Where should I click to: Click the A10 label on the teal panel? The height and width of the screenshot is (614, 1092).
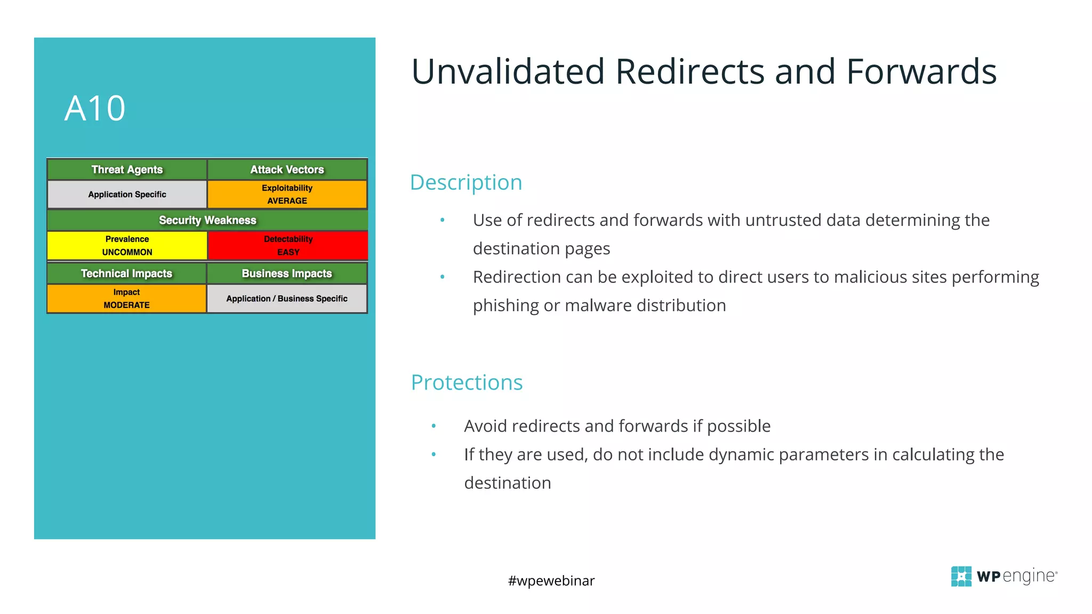95,109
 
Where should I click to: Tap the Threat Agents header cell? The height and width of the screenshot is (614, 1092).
127,169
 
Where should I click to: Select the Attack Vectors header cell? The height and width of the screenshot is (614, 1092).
287,169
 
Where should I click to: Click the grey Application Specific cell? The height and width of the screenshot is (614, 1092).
127,195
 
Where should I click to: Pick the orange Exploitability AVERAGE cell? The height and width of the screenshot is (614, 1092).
287,195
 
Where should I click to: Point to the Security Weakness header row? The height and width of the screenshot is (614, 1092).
207,220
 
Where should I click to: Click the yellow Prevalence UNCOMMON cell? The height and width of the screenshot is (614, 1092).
127,246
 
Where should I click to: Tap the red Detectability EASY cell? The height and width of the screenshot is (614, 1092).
288,246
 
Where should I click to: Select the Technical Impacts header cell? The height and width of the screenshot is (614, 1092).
127,273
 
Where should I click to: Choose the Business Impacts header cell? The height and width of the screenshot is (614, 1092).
287,273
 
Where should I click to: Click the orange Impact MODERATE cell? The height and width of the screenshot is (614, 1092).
127,298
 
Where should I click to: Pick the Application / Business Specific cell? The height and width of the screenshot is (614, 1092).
287,298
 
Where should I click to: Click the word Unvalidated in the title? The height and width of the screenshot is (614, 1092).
508,72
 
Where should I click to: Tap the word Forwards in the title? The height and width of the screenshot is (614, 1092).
921,72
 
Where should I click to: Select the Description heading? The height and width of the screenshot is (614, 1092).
466,183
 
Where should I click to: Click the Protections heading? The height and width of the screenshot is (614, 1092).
467,383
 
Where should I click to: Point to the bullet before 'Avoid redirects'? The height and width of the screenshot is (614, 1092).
433,426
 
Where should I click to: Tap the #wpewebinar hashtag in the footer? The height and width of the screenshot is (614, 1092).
551,580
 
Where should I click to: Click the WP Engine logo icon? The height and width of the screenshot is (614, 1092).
961,576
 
